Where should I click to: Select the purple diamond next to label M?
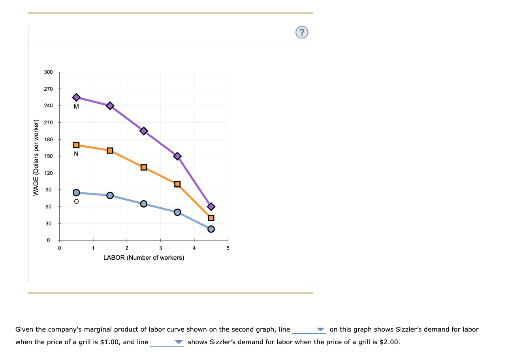click(x=76, y=97)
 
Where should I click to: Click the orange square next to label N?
click(x=76, y=145)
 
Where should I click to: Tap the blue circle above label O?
click(x=76, y=193)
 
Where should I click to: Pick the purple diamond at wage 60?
click(x=211, y=206)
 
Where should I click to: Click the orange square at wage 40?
click(x=211, y=218)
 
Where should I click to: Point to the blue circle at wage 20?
click(x=211, y=229)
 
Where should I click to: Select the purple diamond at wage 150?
click(x=177, y=156)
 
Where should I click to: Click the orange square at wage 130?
click(x=144, y=167)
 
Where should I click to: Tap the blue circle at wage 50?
click(x=177, y=212)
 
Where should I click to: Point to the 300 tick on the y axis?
click(x=48, y=72)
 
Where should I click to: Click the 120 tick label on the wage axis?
click(x=48, y=173)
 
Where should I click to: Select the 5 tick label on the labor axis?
click(x=228, y=248)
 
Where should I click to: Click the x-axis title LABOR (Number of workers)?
click(x=144, y=258)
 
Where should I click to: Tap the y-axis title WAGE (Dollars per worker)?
click(x=36, y=157)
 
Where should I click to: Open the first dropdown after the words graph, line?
click(x=309, y=330)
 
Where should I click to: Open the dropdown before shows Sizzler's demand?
click(x=167, y=342)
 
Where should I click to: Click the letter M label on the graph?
click(x=76, y=107)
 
